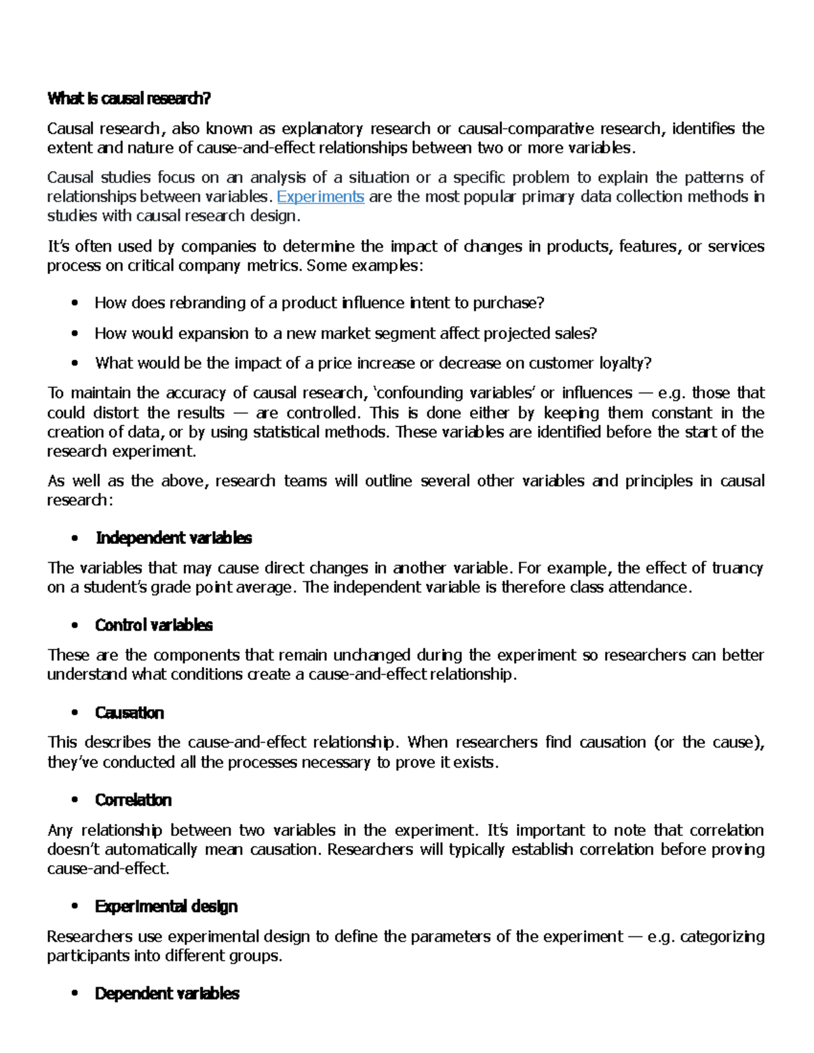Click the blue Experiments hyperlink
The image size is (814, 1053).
320,197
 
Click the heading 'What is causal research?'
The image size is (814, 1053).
129,99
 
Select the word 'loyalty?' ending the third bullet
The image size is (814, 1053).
625,363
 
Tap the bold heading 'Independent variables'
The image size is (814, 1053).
174,538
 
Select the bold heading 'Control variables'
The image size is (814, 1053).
154,625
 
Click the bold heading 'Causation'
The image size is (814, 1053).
130,713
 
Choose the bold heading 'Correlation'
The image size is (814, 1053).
134,800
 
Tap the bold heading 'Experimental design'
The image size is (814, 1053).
166,907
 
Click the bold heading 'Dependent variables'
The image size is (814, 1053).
167,994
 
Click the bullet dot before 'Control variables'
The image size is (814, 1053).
75,626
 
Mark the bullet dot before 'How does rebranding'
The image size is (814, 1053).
75,304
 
